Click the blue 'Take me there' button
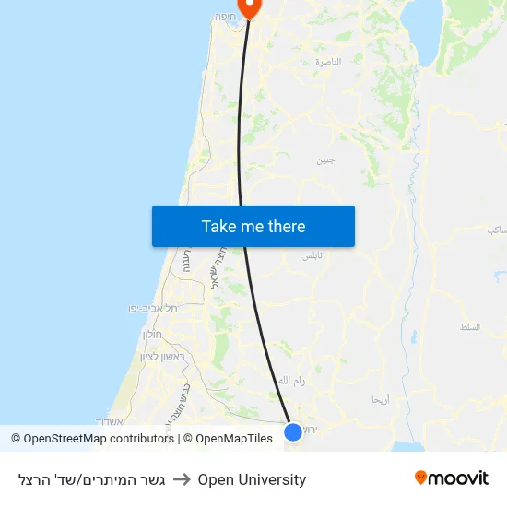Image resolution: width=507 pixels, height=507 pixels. [x=253, y=226]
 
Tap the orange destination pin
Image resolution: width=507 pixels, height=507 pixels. [x=249, y=6]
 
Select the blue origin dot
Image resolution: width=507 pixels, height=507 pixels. [x=293, y=430]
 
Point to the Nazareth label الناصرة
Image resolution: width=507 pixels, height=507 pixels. [x=328, y=62]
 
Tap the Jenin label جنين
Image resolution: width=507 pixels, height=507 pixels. [x=325, y=159]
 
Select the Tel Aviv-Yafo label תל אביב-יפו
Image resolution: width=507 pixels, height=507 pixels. [x=152, y=308]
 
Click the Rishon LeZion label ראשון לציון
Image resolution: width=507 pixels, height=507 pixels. [x=163, y=356]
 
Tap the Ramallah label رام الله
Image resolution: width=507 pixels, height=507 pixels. [x=290, y=380]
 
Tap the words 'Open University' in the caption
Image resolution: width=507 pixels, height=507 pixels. [x=252, y=479]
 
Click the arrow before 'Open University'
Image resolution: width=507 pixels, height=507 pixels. [x=182, y=479]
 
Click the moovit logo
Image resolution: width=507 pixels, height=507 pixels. [x=452, y=478]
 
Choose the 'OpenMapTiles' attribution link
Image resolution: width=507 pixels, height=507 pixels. [x=234, y=439]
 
